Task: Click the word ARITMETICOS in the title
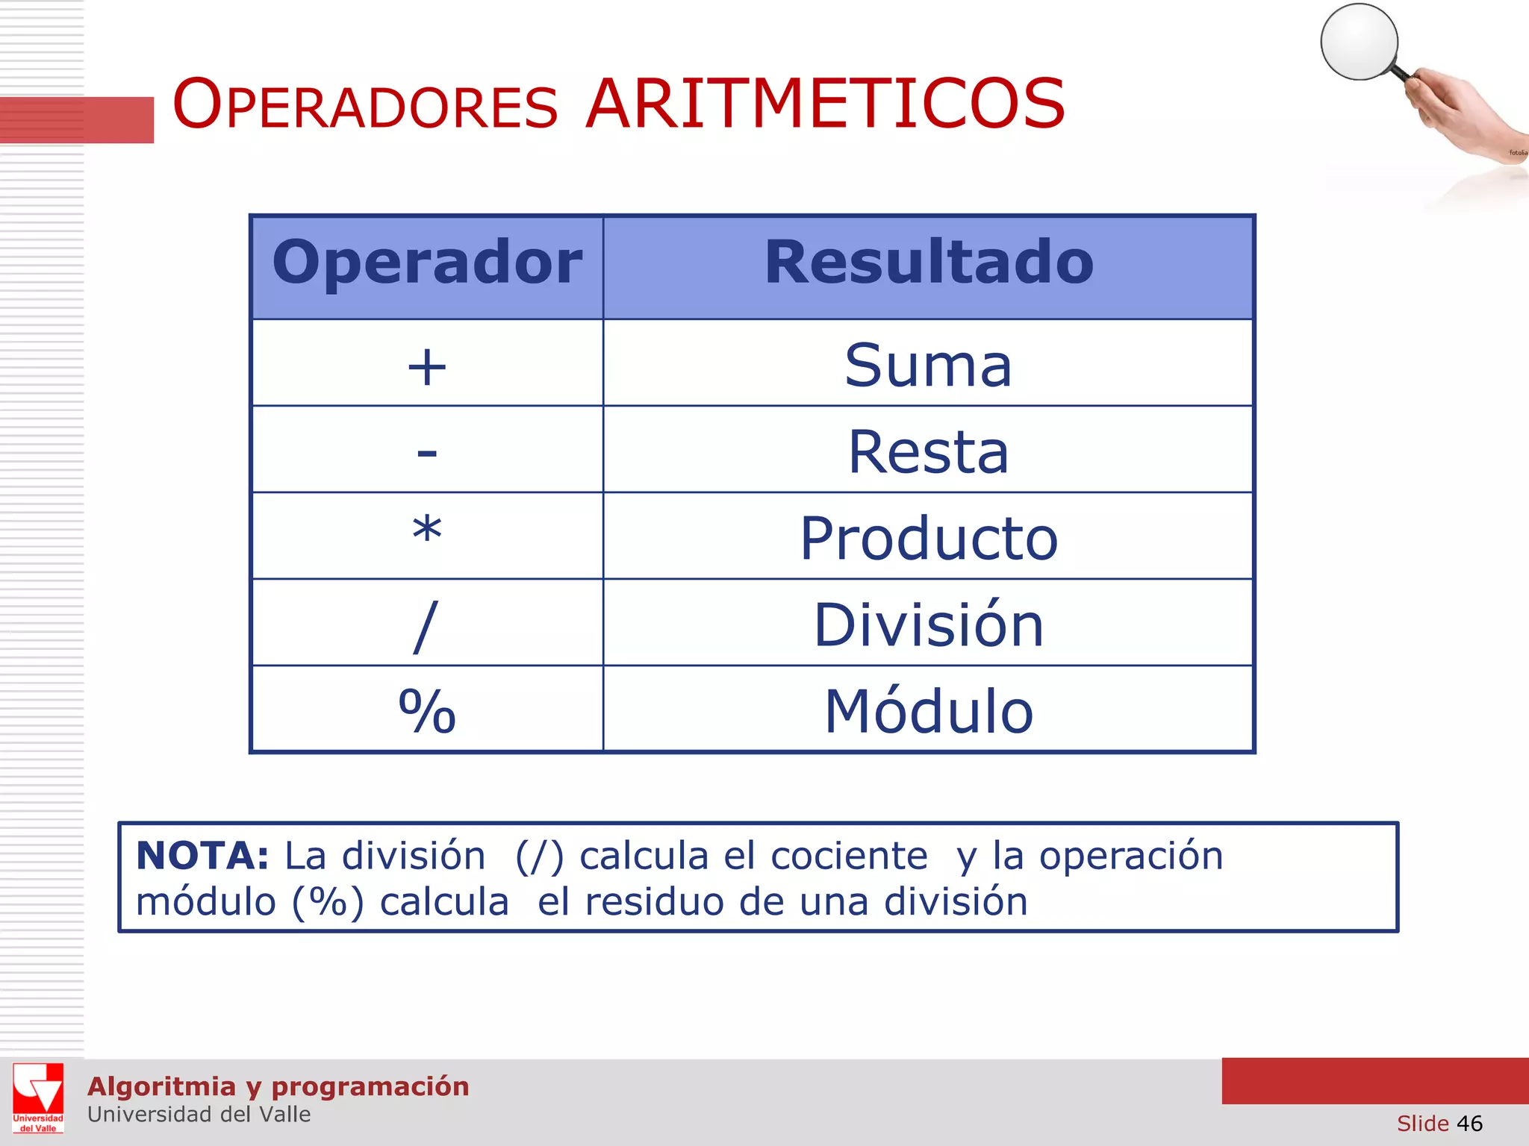(825, 104)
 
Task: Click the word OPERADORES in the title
(365, 104)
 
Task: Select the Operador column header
(427, 263)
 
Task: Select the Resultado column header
(928, 263)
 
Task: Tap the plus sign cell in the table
(427, 366)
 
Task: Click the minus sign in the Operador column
(427, 452)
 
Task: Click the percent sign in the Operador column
(427, 711)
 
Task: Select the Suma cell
(928, 366)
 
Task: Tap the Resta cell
(928, 452)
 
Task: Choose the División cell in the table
(928, 624)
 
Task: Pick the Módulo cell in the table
(928, 711)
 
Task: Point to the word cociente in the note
(849, 856)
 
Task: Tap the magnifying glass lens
(1359, 42)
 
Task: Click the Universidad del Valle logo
(38, 1098)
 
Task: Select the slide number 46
(1469, 1124)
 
